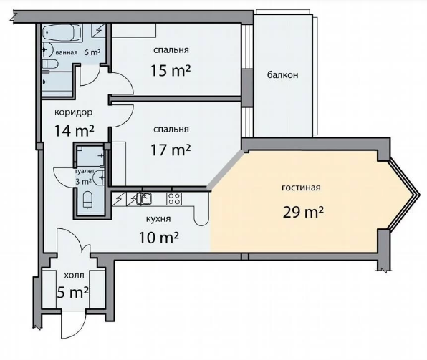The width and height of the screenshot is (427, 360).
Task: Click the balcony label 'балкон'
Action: coord(282,75)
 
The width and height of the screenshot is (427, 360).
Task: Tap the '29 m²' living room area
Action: coord(303,212)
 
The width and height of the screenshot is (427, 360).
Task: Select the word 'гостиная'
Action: coord(301,188)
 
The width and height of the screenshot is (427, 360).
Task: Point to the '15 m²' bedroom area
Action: coord(171,70)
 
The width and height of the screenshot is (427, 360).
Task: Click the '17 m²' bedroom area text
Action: coord(171,150)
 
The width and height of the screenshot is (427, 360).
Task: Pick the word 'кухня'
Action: coord(158,219)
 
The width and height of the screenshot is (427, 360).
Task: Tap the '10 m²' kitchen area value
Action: coord(159,238)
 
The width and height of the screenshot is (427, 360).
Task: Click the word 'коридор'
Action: coord(74,112)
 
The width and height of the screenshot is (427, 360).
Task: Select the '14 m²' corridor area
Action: coord(75,130)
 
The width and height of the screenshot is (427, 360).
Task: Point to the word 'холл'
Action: coord(74,276)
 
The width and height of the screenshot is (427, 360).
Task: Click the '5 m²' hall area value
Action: coord(72,293)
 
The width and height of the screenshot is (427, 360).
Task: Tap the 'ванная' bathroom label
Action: coord(67,52)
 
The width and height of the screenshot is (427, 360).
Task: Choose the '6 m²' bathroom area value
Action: coord(92,52)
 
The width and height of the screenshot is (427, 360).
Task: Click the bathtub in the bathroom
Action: coord(62,33)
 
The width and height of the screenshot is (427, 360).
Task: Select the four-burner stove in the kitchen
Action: coord(174,199)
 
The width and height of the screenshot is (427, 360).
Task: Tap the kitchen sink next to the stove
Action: coord(144,198)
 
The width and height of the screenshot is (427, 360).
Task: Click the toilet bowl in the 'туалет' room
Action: coord(87,200)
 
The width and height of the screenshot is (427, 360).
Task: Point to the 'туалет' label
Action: coord(85,172)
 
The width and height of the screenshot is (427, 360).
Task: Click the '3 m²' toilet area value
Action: coord(83,181)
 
